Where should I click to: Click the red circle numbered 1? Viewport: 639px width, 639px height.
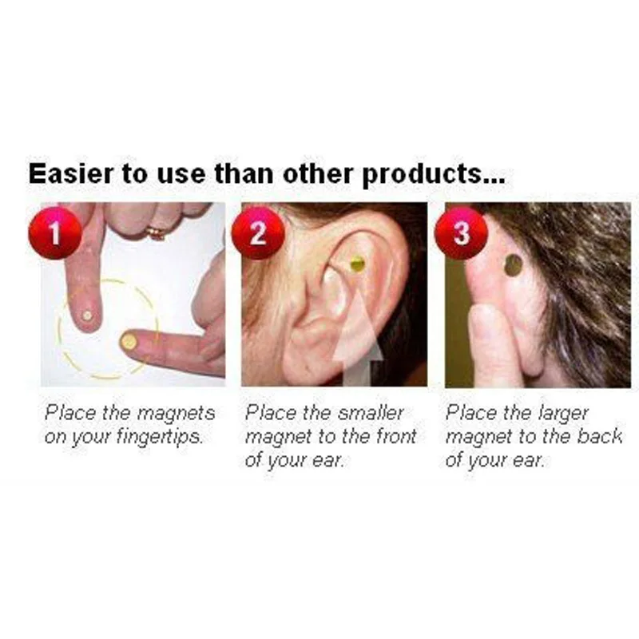pos(55,232)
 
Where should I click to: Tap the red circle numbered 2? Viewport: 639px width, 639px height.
pos(257,232)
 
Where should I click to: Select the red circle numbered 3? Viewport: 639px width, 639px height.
pos(461,232)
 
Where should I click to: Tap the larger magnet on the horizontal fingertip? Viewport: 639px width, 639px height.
pos(127,342)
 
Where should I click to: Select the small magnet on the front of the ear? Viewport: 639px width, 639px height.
pos(358,263)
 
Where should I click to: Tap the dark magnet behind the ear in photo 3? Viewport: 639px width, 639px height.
pos(514,265)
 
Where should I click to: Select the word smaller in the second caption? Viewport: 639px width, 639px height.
pos(370,414)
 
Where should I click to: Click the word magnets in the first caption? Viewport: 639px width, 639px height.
pos(176,414)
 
